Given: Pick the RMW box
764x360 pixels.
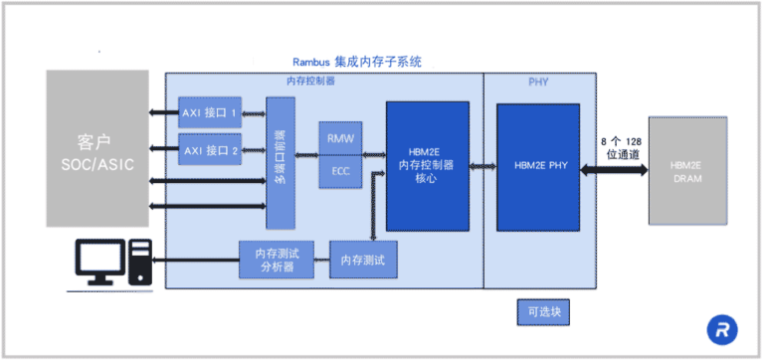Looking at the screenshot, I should [x=340, y=138].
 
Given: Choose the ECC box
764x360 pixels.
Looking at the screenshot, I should [x=340, y=171].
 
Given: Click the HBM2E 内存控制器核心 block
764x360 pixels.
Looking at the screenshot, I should [x=428, y=165].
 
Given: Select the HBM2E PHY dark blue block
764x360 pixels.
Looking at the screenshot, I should [x=538, y=165].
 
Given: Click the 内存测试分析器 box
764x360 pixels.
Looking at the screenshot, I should [x=276, y=260].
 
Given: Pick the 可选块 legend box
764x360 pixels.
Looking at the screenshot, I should [x=543, y=311].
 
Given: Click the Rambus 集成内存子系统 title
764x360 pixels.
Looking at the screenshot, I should [x=356, y=62].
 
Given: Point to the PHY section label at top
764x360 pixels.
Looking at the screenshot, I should [x=538, y=82].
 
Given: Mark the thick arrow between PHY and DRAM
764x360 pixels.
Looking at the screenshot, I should [x=615, y=170].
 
